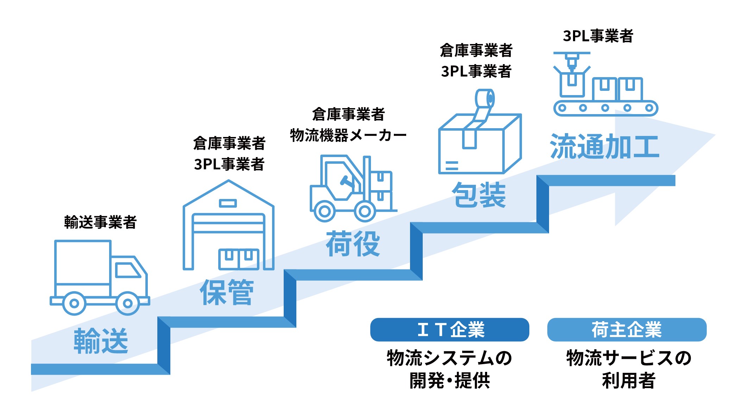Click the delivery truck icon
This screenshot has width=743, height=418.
coord(100,277)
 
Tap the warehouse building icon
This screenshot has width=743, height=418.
coord(228,226)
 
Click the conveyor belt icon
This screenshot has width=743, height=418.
coord(605,85)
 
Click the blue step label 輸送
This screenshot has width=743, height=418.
coord(101,341)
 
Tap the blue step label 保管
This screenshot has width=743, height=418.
coord(227,292)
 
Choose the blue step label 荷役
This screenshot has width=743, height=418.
coord(353,244)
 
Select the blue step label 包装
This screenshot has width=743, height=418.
coord(479,195)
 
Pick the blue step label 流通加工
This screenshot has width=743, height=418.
coord(604,146)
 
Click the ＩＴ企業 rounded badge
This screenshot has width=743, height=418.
coord(449,330)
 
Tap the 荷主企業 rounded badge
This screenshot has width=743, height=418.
coord(626,330)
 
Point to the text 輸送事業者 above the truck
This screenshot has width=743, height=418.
coord(100,222)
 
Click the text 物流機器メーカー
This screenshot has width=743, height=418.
coord(348,135)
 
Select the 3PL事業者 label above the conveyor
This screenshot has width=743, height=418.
coord(598,36)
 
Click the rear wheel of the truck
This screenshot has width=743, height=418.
coord(74,303)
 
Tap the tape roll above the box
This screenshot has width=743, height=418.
coord(485,99)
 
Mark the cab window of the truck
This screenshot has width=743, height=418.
coord(127,270)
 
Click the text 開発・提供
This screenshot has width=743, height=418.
coord(449,380)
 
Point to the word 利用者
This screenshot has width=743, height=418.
coord(629,380)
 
